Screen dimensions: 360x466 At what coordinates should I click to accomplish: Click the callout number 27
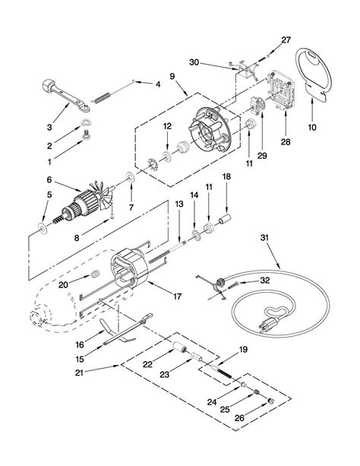click(x=286, y=40)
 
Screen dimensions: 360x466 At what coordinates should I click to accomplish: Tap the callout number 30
click(x=194, y=62)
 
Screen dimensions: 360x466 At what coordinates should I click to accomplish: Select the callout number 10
click(x=312, y=127)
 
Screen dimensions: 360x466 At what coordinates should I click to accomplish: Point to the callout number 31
click(x=264, y=238)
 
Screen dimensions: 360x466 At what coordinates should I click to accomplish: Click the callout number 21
click(x=79, y=372)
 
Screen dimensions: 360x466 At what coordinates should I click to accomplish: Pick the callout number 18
click(x=226, y=176)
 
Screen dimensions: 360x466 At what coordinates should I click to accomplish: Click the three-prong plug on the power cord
click(x=270, y=323)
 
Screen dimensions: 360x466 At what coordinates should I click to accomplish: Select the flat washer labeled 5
click(x=43, y=228)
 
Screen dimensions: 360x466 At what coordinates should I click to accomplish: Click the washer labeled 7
click(x=131, y=177)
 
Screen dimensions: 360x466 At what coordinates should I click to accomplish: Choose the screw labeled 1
click(x=87, y=136)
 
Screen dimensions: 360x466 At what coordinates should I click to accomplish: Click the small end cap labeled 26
click(x=271, y=401)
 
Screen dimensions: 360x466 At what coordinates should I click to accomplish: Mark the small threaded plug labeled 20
click(x=95, y=274)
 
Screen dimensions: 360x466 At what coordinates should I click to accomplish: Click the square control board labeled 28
click(x=283, y=91)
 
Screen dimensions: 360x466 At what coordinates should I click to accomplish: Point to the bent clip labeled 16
click(x=116, y=330)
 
